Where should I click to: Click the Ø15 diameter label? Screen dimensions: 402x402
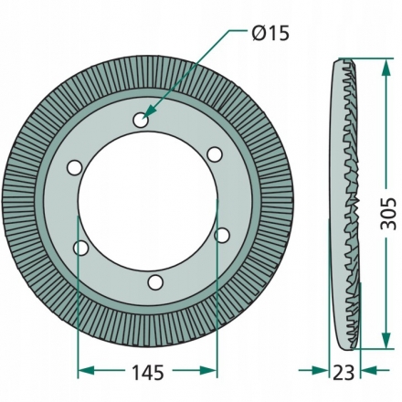click(x=270, y=33)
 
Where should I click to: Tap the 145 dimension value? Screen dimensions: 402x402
click(x=148, y=372)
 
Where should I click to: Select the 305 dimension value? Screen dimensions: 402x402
click(x=388, y=214)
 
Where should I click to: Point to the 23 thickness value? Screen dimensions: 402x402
click(x=344, y=372)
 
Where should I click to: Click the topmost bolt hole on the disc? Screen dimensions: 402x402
click(x=141, y=121)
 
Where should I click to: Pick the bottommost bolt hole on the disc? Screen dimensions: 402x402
click(x=155, y=282)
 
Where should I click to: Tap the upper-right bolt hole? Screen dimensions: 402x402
click(x=215, y=154)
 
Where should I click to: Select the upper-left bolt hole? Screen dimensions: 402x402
click(x=74, y=168)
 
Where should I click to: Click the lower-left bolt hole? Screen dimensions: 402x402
click(x=81, y=248)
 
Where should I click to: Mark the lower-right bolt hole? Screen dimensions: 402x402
click(x=222, y=235)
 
